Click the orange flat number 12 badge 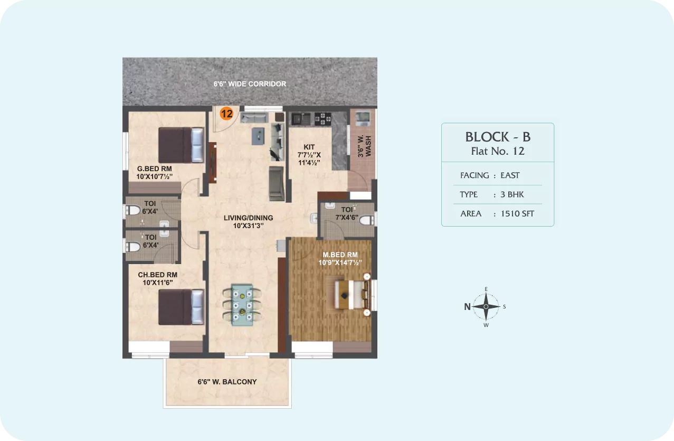[x=226, y=114]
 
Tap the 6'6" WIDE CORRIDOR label [x=250, y=84]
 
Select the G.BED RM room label [x=154, y=169]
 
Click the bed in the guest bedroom [x=181, y=145]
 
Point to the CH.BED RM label [x=158, y=275]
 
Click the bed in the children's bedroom [x=181, y=307]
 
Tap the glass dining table [x=242, y=305]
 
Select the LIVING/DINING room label [x=248, y=218]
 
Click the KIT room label [x=309, y=147]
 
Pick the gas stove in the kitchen [x=322, y=119]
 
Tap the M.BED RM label [x=340, y=255]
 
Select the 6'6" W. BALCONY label [x=227, y=382]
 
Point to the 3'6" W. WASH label [x=364, y=146]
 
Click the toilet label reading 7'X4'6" [x=347, y=218]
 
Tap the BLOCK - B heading [x=498, y=137]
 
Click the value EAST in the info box [x=510, y=175]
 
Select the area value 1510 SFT [x=517, y=214]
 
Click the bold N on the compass [x=467, y=307]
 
